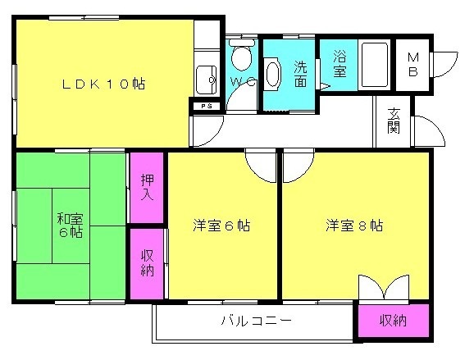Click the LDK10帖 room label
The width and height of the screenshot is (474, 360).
coord(103,84)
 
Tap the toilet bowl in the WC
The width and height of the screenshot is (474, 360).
coord(242,55)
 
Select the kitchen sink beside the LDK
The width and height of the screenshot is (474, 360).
coord(207,80)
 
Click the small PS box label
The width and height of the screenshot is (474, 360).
coord(207,107)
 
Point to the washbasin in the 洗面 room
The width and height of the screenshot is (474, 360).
coord(272,74)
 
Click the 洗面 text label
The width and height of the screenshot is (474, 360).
coord(301,75)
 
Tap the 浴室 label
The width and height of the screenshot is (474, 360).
coord(340,63)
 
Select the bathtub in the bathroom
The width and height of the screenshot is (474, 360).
coord(375,66)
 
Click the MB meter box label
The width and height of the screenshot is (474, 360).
coord(413,65)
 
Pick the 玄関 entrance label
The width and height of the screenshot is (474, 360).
coord(394,121)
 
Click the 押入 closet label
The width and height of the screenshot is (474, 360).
coord(148,188)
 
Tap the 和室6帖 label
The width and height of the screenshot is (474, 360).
coord(71,226)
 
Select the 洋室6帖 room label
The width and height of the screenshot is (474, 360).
coord(222,226)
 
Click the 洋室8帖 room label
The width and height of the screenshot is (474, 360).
coord(354,226)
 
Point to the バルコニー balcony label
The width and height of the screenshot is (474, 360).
coord(257,320)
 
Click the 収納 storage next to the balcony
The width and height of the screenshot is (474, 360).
coord(394,321)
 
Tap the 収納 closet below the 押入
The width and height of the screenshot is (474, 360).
coord(148,263)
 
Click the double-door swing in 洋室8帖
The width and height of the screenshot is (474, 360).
coord(384,287)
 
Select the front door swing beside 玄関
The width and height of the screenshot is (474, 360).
coord(429,131)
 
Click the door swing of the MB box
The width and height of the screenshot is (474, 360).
coord(445,65)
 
